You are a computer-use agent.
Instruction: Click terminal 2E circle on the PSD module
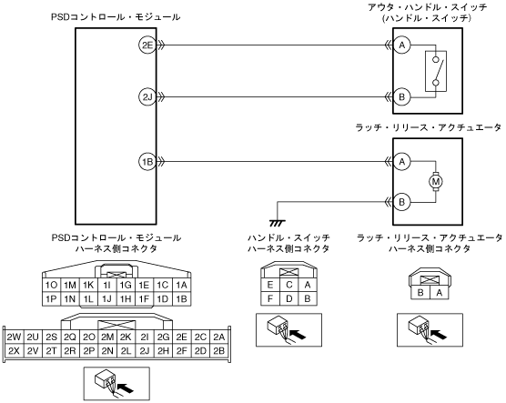tap(147, 45)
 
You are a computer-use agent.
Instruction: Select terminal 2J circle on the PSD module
tap(147, 96)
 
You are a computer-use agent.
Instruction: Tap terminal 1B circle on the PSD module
tap(147, 162)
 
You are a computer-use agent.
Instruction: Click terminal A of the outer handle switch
tap(401, 45)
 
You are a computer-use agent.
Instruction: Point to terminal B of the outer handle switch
tap(401, 96)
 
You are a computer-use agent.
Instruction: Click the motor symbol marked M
tap(436, 182)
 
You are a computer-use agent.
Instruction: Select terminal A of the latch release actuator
tap(401, 161)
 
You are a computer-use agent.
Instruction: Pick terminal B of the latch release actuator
tap(401, 202)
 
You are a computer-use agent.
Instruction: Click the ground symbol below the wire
tap(278, 223)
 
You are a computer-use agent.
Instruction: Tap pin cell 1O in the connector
tap(51, 286)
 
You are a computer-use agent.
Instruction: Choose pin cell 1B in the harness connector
tap(181, 299)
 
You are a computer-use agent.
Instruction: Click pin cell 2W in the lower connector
tap(14, 338)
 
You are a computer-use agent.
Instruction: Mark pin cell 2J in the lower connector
tap(145, 351)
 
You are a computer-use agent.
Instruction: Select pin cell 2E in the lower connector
tap(181, 338)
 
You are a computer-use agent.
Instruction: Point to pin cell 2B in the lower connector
tap(218, 351)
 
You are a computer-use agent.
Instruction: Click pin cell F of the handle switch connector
tap(270, 298)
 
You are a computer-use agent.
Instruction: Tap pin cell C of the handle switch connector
tap(288, 285)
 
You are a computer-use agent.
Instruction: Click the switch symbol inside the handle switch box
tap(436, 71)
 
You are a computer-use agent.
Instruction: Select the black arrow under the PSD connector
tap(126, 388)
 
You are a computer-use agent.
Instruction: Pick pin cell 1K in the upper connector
tap(88, 286)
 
